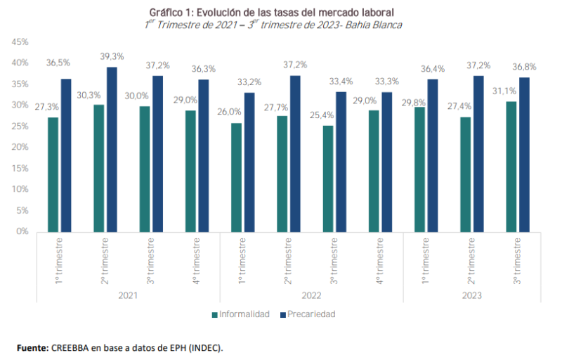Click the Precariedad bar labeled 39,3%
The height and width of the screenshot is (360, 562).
pos(112,149)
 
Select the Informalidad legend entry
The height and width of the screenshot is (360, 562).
pos(240,314)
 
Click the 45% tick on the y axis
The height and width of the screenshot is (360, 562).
pos(20,42)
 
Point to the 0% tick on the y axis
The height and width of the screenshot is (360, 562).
pos(22,231)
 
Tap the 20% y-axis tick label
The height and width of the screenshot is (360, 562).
pos(20,147)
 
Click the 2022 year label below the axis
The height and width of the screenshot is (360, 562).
pos(311,295)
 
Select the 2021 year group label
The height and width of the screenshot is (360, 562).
pos(129,295)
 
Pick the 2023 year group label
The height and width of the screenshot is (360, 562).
pos(472,295)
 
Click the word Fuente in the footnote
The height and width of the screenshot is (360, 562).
pos(32,348)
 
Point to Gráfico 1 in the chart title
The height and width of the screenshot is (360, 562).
pos(171,12)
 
